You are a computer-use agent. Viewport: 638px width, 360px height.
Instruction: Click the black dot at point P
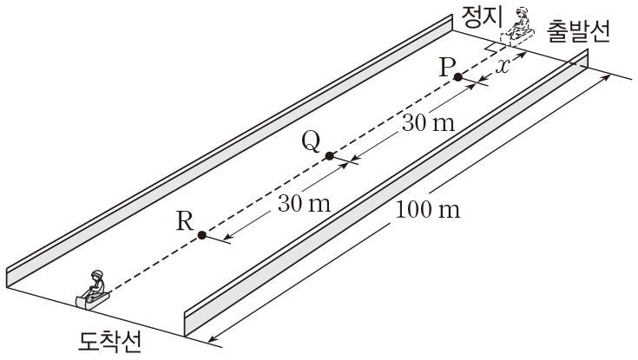pos(457,77)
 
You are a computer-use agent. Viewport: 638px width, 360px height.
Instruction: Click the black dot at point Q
pos(329,156)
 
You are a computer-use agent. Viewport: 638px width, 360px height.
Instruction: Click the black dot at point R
pos(201,234)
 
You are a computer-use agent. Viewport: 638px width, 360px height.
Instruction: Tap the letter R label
pos(183,220)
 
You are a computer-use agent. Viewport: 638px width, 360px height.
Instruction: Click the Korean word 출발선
pos(579,31)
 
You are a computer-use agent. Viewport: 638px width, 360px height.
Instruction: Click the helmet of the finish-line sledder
pos(97,274)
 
